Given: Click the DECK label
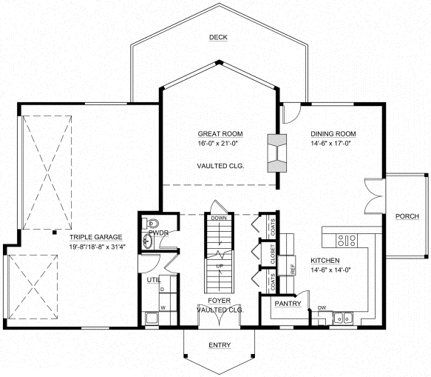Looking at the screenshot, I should point(217,37).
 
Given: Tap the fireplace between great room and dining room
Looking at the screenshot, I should point(278,152).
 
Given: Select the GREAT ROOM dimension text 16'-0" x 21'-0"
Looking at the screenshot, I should point(221,144).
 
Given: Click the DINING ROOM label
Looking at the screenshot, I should point(333,134).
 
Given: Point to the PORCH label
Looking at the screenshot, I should point(407,216).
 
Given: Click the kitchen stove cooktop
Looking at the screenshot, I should point(345,239).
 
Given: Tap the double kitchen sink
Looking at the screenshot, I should point(343,319).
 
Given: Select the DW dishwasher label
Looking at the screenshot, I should point(322,307).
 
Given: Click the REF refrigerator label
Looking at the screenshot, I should point(293,270).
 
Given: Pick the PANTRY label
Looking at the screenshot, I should point(286,304).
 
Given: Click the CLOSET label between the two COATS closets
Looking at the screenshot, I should point(273,257).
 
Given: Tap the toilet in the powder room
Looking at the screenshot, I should point(152,222).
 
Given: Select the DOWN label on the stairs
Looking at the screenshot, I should point(218,218).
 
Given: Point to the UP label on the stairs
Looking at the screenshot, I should point(218,264).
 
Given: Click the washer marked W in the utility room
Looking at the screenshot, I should point(162,307).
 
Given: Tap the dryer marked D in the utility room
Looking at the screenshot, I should point(162,290).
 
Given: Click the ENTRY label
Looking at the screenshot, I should point(219,346).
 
